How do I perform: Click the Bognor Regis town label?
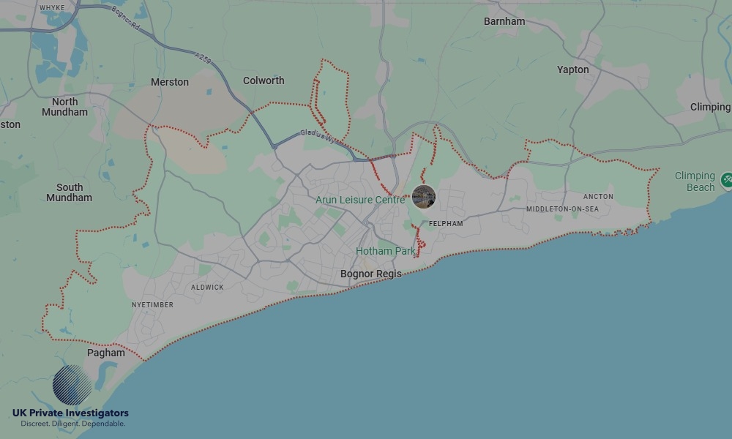(x=371, y=274)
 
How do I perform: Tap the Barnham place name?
(x=504, y=21)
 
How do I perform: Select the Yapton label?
(x=572, y=70)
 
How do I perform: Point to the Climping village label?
(x=710, y=107)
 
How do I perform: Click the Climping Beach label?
(x=695, y=181)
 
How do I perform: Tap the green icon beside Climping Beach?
(x=727, y=179)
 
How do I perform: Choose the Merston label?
(x=170, y=82)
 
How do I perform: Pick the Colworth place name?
(x=264, y=80)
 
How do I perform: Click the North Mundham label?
(x=64, y=107)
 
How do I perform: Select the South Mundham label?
(x=70, y=192)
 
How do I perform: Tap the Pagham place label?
(x=106, y=353)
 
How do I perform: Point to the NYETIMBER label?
(x=152, y=304)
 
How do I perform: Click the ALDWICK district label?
(x=207, y=288)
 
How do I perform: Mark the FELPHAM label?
(x=446, y=223)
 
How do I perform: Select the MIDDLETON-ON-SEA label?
(x=562, y=209)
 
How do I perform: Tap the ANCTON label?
(x=598, y=197)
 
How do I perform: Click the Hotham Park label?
(x=385, y=251)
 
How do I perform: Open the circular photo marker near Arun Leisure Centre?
(x=424, y=196)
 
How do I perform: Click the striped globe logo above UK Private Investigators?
(x=72, y=385)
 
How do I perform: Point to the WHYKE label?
(x=52, y=7)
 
